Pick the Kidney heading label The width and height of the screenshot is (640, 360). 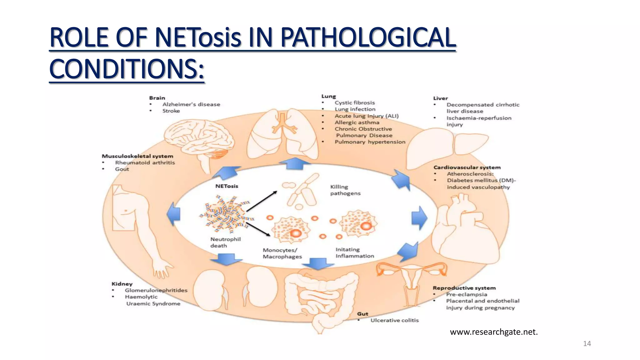[122, 284]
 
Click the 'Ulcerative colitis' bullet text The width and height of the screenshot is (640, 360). [394, 320]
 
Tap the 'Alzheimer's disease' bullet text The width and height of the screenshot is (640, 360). [191, 104]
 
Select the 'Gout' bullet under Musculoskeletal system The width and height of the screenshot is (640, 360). [122, 169]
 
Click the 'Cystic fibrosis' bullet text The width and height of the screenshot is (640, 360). [355, 103]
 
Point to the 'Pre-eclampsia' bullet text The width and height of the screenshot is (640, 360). [467, 294]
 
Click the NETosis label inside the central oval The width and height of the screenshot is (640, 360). [227, 186]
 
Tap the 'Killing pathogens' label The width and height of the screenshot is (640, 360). [345, 190]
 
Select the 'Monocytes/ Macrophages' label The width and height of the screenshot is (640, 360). [282, 253]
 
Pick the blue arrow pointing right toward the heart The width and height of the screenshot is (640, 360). [419, 218]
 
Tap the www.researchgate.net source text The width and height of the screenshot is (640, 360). [494, 332]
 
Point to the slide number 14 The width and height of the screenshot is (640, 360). [587, 344]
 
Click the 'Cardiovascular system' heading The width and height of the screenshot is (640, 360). [467, 167]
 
